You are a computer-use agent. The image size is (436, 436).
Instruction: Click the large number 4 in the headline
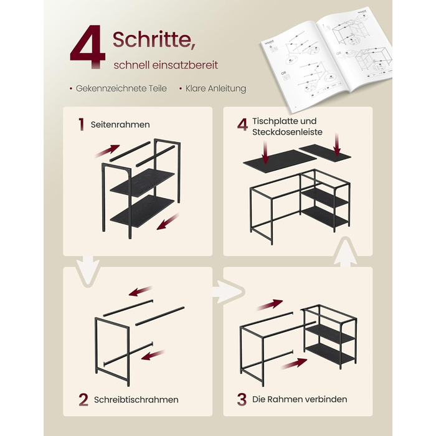pos(88,47)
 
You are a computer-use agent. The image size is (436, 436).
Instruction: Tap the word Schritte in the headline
pos(152,39)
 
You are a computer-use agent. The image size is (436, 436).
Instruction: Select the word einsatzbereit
pos(185,65)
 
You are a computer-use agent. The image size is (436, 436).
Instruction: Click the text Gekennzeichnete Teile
pos(121,88)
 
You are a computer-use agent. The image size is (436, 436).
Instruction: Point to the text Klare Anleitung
pos(216,88)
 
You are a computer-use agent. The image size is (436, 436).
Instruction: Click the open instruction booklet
pos(327,59)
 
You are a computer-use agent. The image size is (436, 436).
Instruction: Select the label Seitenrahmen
pos(120,125)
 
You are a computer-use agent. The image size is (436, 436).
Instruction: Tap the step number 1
pos(81,125)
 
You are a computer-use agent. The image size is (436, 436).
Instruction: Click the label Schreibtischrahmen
pos(136,400)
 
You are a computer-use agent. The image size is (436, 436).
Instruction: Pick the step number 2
pos(83,400)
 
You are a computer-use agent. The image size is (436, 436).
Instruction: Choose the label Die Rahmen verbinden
pos(300,399)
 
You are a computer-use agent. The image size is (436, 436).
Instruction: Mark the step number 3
pos(242,400)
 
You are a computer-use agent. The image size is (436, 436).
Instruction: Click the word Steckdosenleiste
pos(287,132)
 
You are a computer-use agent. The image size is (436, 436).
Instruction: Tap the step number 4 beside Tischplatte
pos(242,125)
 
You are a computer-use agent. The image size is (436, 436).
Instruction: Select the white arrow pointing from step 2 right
pos(228,291)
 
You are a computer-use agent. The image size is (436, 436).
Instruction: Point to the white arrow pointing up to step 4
pos(345,252)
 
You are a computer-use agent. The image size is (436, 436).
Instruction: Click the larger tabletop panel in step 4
pos(280,161)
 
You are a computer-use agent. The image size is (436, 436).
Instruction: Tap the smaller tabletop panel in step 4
pos(325,152)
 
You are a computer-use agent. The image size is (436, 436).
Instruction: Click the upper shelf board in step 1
pos(143,182)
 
